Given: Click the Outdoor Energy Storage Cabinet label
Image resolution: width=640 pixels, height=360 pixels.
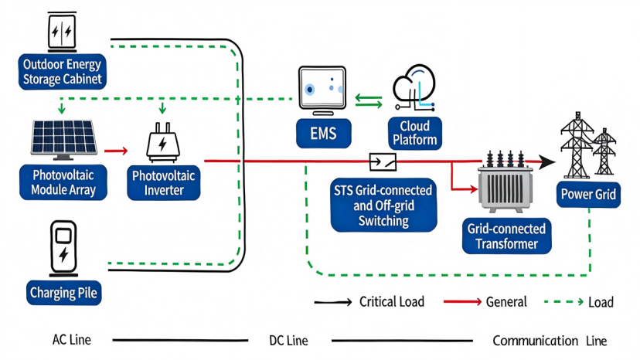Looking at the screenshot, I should pyautogui.click(x=63, y=71).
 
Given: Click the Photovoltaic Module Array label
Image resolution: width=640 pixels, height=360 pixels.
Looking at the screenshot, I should pyautogui.click(x=63, y=182).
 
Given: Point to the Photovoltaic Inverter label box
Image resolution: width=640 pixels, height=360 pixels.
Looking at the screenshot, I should pyautogui.click(x=164, y=182).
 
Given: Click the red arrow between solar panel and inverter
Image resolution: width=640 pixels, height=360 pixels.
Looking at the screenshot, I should pyautogui.click(x=115, y=151).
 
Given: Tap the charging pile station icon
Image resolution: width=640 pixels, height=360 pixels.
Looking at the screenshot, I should pyautogui.click(x=63, y=246).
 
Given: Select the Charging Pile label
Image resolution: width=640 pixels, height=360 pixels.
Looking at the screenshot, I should pyautogui.click(x=64, y=293).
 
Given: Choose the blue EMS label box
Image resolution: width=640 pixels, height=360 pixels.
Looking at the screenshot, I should pyautogui.click(x=322, y=134).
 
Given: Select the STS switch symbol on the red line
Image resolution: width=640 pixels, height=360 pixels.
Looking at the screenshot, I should pyautogui.click(x=384, y=161).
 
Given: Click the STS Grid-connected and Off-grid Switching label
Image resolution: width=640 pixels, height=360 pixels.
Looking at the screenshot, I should pyautogui.click(x=382, y=205).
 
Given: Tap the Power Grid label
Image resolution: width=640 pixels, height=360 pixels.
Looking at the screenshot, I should pyautogui.click(x=589, y=195).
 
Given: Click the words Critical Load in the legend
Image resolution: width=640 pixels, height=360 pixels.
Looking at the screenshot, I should pyautogui.click(x=392, y=302).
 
